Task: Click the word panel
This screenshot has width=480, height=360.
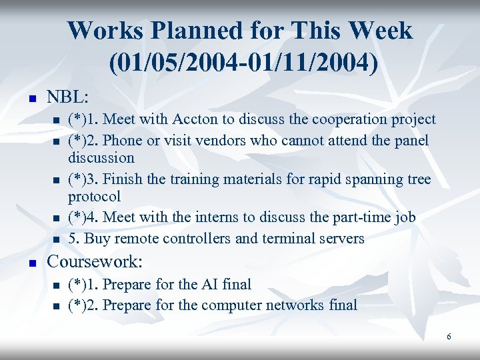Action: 411,141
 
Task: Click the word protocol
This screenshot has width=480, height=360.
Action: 94,197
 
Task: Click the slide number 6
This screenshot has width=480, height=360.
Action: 449,337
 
